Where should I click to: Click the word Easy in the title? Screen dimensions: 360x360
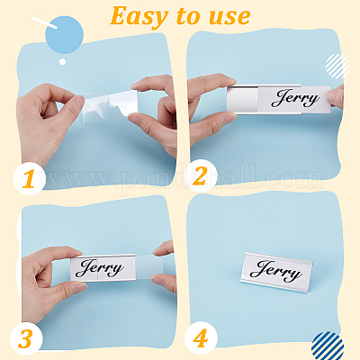pos(139,17)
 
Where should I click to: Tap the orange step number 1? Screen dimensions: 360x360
pos(29,179)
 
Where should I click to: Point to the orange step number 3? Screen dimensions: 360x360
pos(25,338)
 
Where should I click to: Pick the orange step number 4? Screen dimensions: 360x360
pos(200,338)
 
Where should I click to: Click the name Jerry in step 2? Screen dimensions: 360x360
pos(295,98)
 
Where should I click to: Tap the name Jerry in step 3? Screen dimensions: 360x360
pos(100,268)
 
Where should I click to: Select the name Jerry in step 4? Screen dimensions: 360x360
pos(276,272)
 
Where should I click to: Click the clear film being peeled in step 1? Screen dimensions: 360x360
pos(110,106)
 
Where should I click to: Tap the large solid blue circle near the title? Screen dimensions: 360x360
pos(64,35)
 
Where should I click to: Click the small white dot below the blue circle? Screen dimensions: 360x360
pos(62,62)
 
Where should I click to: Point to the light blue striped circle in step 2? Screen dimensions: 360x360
pos(337,66)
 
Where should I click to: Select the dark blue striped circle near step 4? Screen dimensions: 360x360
pos(328,346)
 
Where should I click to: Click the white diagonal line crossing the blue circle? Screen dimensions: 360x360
pos(45,22)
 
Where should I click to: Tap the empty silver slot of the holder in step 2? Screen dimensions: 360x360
pos(243,100)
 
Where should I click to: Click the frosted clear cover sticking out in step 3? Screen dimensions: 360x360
pos(149,267)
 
